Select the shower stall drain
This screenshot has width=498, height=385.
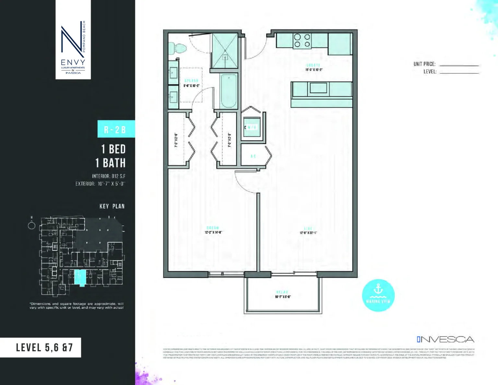225,57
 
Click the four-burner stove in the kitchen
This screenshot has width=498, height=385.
302,41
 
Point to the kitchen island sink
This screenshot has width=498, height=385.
318,88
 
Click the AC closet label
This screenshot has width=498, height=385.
253,156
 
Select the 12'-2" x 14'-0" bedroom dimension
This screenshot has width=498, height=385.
213,232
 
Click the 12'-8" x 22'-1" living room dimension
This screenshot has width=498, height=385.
308,233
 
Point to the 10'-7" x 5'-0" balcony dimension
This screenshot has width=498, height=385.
283,296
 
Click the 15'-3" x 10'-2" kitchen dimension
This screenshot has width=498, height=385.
314,69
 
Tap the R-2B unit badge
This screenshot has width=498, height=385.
116,129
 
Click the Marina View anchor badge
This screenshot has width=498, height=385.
378,295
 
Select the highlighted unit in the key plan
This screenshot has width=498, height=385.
80,277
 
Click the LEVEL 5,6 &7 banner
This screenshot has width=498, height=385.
44,347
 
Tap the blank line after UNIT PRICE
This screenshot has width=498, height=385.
459,65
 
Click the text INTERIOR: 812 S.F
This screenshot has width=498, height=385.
109,176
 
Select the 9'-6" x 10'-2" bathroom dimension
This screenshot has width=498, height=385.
191,86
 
